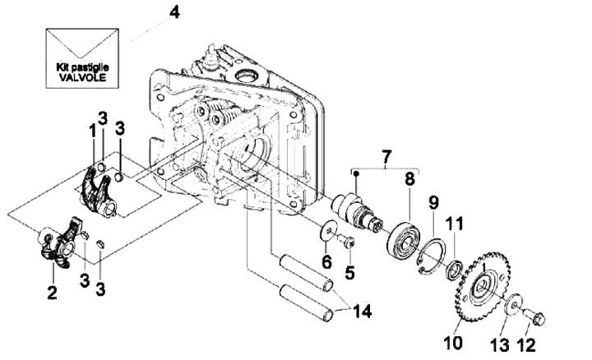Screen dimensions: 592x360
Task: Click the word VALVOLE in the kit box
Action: pyautogui.click(x=83, y=77)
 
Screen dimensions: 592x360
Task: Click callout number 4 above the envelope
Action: pyautogui.click(x=174, y=12)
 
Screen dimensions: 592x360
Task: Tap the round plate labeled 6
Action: pyautogui.click(x=328, y=230)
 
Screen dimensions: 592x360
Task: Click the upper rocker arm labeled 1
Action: pyautogui.click(x=97, y=192)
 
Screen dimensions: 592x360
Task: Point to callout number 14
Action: pyautogui.click(x=362, y=312)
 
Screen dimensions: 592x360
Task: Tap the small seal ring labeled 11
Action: pyautogui.click(x=454, y=270)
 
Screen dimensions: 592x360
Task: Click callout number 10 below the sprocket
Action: pyautogui.click(x=453, y=343)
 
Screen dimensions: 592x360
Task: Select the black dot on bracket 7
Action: pyautogui.click(x=356, y=173)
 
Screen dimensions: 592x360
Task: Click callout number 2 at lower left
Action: pyautogui.click(x=52, y=292)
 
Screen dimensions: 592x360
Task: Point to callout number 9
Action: pyautogui.click(x=433, y=203)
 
